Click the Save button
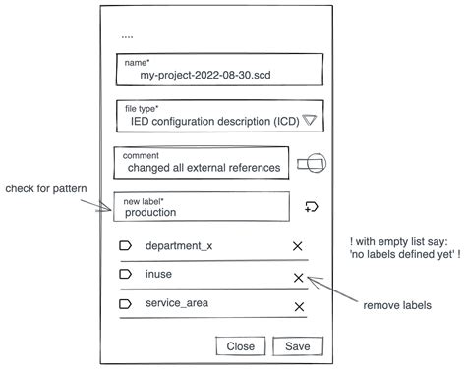pos(298,346)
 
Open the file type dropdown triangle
pos(310,121)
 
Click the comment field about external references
pos(202,163)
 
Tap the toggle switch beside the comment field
pos(316,163)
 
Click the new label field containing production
pos(202,206)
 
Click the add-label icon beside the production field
pos(313,206)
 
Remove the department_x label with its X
pos(298,246)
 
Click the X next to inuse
pos(299,278)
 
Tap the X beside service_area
pos(299,307)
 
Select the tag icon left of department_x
pos(125,245)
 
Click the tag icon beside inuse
pos(125,275)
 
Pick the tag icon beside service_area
pos(125,304)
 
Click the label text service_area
pos(176,303)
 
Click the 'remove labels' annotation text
pos(397,305)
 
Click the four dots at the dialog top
pos(127,35)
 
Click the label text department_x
pos(178,245)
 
